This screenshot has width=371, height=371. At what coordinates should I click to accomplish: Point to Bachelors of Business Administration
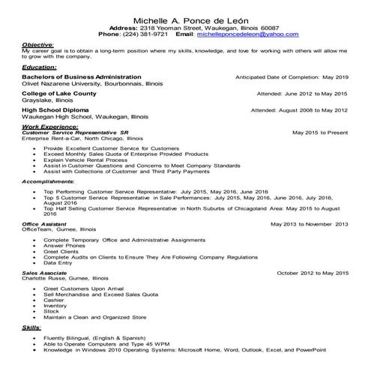point(81,77)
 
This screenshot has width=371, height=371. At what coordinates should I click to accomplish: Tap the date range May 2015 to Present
point(320,133)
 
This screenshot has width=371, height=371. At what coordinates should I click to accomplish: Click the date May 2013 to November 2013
point(310,224)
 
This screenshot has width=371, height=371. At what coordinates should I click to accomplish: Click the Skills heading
point(31,328)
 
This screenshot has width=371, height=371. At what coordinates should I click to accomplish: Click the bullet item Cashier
point(55,300)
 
